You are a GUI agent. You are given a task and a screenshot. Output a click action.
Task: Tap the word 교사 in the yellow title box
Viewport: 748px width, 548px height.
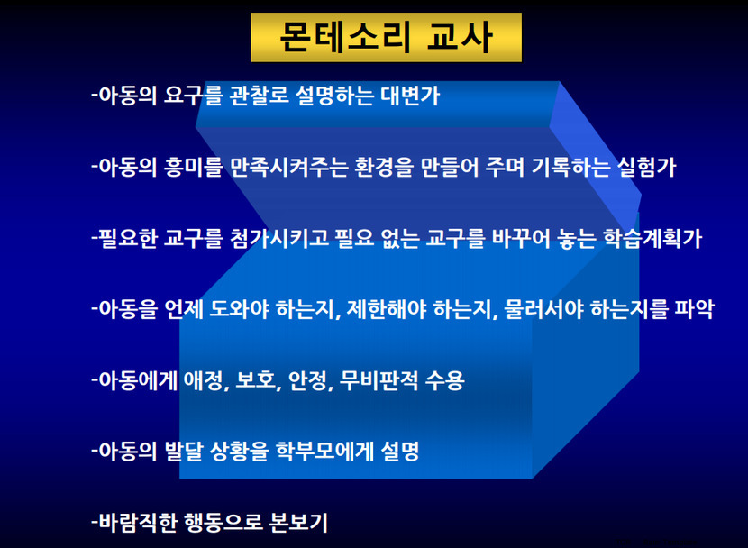[x=460, y=37]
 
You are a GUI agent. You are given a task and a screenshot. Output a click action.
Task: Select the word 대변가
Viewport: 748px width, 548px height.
[x=410, y=96]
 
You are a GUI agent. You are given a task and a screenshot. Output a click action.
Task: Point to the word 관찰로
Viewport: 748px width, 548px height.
[x=259, y=96]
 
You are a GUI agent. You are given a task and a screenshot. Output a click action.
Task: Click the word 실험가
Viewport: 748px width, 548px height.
[x=646, y=167]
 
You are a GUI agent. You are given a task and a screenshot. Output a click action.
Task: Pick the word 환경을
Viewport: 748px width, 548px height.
[x=384, y=167]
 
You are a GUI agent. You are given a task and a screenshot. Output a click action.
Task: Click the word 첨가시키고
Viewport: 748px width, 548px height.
[x=279, y=239]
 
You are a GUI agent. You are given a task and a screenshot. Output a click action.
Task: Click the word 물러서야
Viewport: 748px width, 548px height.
[x=543, y=309]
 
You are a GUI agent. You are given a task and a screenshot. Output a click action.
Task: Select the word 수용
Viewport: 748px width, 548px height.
[x=444, y=380]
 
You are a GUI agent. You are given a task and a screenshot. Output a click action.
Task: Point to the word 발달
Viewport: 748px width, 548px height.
[x=184, y=451]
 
